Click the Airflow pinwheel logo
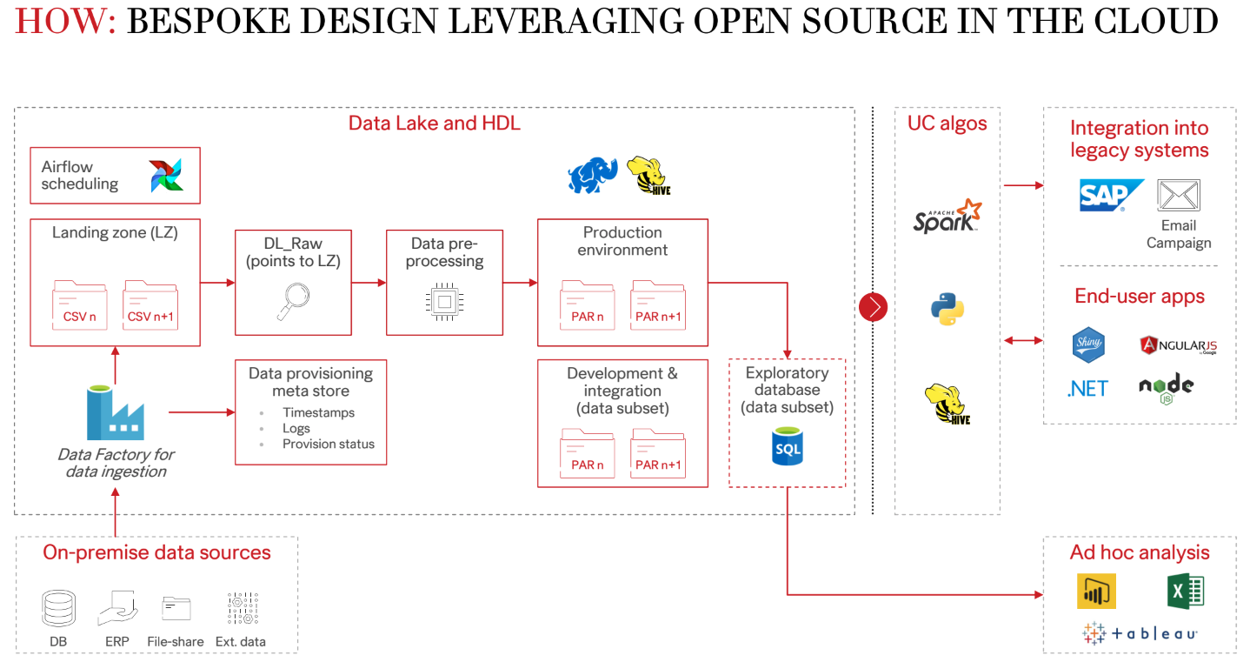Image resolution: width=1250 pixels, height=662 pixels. coord(165,175)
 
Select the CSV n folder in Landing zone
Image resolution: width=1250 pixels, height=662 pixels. coord(80,304)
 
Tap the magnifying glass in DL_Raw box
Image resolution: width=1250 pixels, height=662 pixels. coord(293,298)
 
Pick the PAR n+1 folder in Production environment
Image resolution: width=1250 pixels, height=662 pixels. coord(658,304)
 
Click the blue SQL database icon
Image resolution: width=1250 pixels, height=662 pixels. coord(788,447)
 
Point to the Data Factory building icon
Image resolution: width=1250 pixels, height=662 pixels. coord(115,413)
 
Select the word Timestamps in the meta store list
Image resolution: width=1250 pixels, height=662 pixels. coord(318,413)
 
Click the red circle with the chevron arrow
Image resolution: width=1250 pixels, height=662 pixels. coord(873,307)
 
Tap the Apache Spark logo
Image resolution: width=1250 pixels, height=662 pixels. coord(947,216)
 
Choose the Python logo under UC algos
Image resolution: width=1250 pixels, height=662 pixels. coord(947,309)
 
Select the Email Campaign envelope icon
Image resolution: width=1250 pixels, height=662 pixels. coord(1179,196)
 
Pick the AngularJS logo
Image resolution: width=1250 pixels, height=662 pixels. coord(1178,344)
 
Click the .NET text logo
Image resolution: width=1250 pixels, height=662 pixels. coord(1087,388)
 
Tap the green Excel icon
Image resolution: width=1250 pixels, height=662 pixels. coord(1186,592)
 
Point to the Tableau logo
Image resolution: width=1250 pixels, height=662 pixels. coord(1140,633)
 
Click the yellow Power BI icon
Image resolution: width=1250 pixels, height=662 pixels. coord(1096,592)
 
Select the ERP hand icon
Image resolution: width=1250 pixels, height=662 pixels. coord(117,608)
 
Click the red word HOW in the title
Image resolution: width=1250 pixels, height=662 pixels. coord(64,21)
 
